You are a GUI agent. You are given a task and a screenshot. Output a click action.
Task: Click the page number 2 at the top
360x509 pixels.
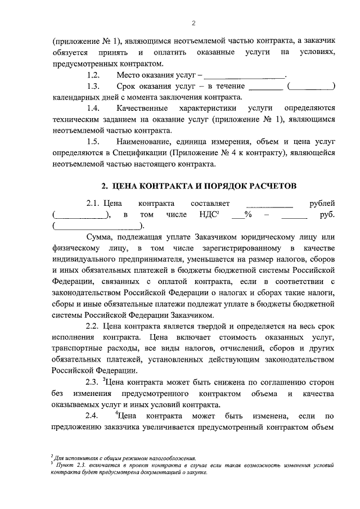pyautogui.click(x=192, y=22)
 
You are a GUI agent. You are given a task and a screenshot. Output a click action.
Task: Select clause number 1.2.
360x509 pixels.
pyautogui.click(x=93, y=75)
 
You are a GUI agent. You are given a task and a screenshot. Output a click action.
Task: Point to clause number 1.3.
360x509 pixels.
pyautogui.click(x=93, y=86)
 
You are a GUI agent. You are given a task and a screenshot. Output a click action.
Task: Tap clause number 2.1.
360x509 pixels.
pyautogui.click(x=93, y=204)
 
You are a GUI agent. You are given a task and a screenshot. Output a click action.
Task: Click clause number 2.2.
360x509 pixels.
pyautogui.click(x=93, y=326)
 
